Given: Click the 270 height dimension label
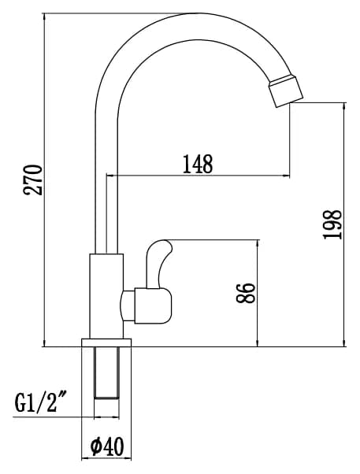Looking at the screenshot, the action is click(33, 180).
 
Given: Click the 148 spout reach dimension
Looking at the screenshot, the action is click(198, 164).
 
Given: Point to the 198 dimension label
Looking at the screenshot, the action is click(332, 224).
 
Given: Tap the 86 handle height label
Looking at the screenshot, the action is click(245, 293).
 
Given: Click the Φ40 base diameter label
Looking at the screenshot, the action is click(107, 447).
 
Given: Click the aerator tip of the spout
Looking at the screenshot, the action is click(286, 90).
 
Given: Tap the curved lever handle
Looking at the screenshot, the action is click(158, 264).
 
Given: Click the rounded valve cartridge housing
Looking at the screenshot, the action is click(153, 306).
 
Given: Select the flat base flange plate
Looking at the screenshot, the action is click(106, 343).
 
